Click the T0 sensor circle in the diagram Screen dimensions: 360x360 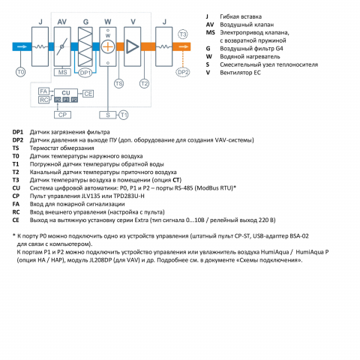[x=21, y=72]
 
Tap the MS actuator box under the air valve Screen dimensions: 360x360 [x=62, y=72]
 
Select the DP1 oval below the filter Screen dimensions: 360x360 [x=85, y=73]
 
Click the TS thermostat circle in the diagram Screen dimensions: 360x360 [x=119, y=83]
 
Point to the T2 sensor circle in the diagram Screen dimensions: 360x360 [x=144, y=83]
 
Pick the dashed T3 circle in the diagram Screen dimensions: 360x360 [x=183, y=34]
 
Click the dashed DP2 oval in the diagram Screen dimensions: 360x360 [x=183, y=72]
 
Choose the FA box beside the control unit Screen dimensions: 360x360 [x=43, y=91]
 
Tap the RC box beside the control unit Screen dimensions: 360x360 [x=43, y=100]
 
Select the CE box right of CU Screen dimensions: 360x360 [x=88, y=94]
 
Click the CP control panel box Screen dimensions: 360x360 [x=62, y=115]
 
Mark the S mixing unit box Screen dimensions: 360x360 [x=108, y=115]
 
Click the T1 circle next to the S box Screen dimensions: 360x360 [x=123, y=115]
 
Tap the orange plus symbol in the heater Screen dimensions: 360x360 [x=108, y=46]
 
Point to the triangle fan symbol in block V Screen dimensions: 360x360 [x=132, y=46]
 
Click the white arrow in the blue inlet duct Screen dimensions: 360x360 [x=22, y=46]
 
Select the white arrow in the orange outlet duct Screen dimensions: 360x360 [x=184, y=46]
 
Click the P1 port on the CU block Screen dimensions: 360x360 [x=66, y=100]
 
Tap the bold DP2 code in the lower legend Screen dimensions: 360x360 [x=18, y=140]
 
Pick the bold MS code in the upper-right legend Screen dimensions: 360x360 [x=210, y=32]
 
